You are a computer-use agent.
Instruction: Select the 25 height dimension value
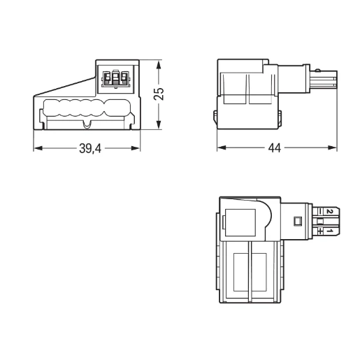(159, 94)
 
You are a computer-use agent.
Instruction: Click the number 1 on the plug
(329, 230)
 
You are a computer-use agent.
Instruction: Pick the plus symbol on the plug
(319, 230)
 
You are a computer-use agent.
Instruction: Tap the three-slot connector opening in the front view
(116, 78)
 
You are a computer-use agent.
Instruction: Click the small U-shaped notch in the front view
(87, 125)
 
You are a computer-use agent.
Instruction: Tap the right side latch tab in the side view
(280, 116)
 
